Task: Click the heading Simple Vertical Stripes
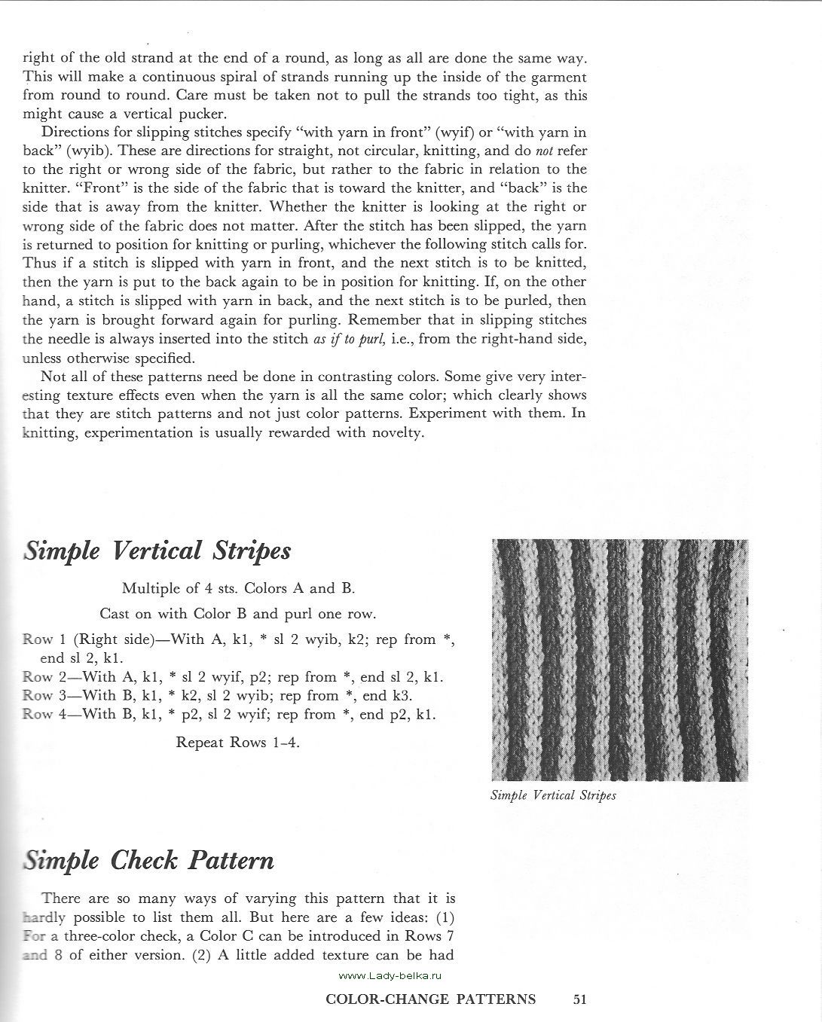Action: tap(157, 551)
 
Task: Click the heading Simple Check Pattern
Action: tap(149, 861)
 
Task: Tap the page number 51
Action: tap(579, 1000)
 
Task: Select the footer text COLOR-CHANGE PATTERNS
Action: tap(430, 1000)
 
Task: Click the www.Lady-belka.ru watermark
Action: tap(390, 975)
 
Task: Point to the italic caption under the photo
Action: tap(553, 795)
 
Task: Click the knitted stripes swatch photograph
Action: tap(619, 660)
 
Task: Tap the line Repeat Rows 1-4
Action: tap(237, 743)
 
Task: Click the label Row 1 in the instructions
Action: tap(41, 639)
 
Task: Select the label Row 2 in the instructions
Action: tap(41, 677)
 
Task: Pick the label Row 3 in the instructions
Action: tap(41, 696)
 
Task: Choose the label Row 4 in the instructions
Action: tap(41, 714)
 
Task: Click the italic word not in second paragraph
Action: tap(544, 151)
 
